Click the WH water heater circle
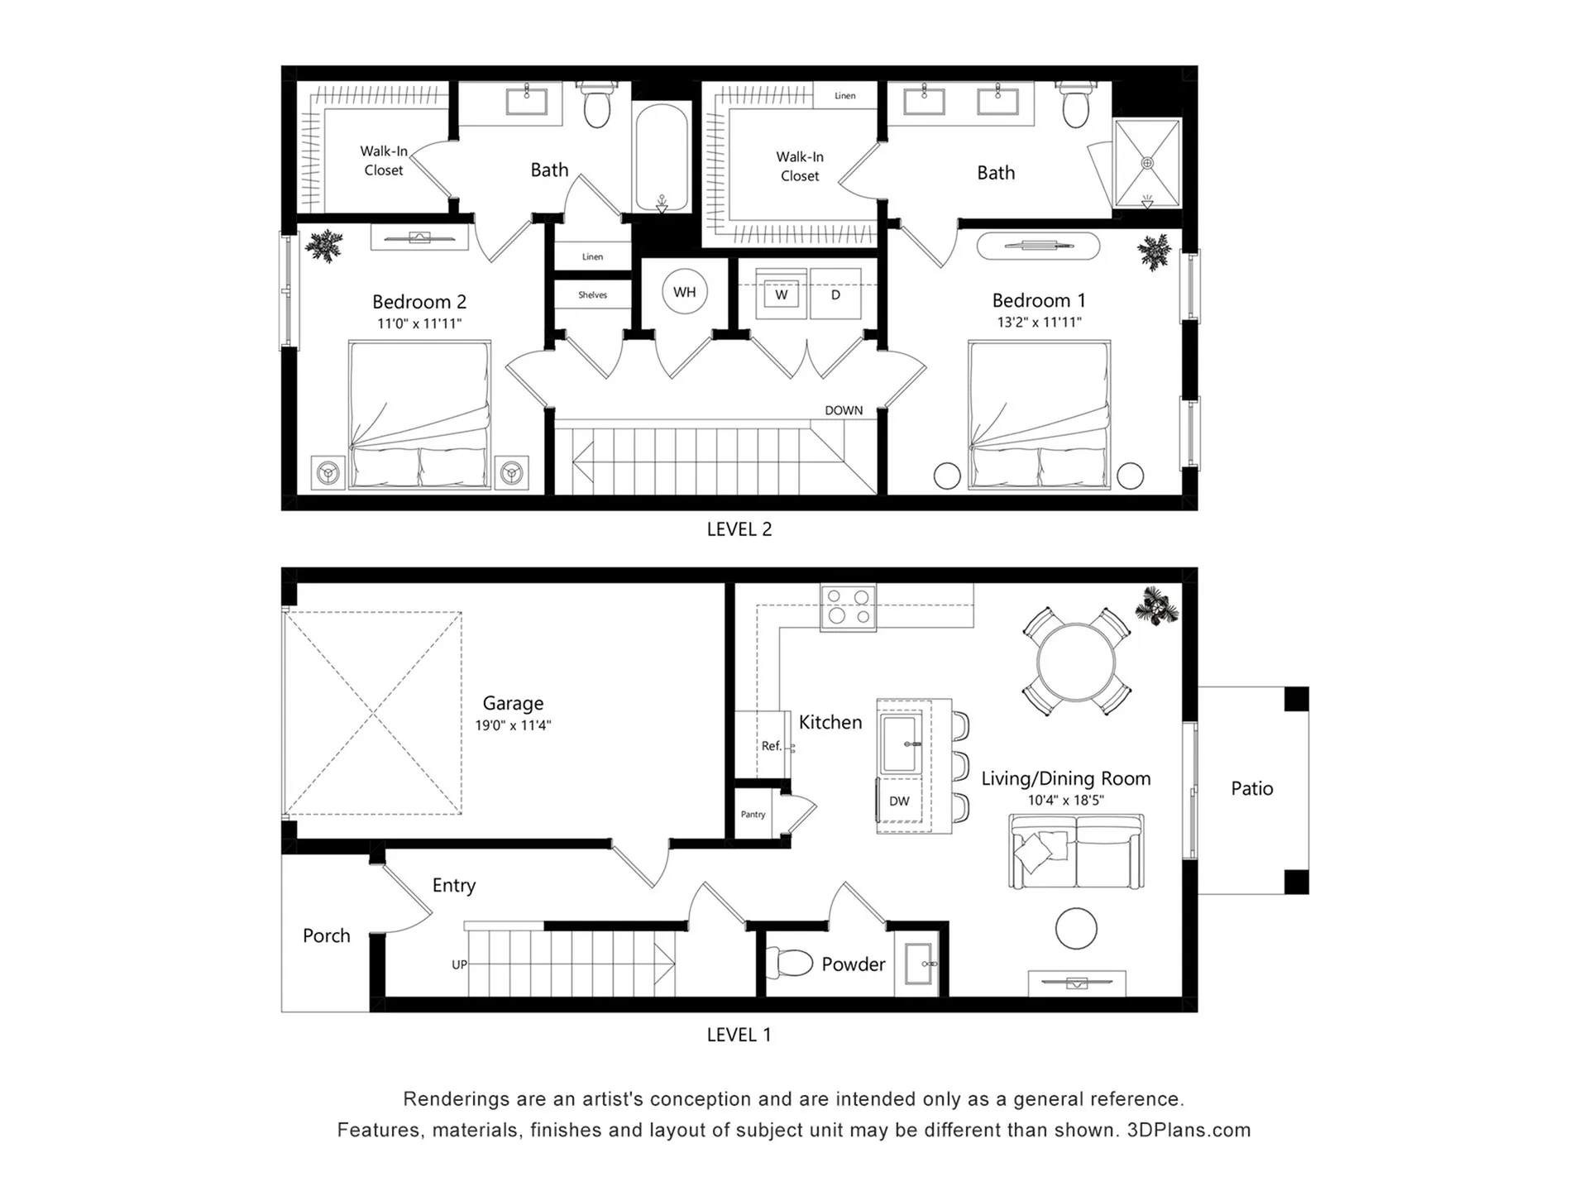coord(685,292)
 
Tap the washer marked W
coord(781,294)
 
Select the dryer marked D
coord(835,294)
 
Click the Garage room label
coord(513,703)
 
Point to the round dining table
coord(1076,662)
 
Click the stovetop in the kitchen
coord(849,607)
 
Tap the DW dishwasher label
coord(899,801)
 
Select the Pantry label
coord(753,815)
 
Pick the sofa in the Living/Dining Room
coord(1076,851)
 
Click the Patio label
coord(1252,788)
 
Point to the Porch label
coord(327,935)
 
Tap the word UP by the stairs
coord(459,964)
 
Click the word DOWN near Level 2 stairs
coord(844,410)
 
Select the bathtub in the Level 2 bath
coord(662,156)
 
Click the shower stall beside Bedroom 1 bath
coord(1147,163)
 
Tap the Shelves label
coord(592,295)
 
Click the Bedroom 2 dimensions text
coord(419,323)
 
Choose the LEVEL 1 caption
coord(739,1035)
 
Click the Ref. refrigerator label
coord(771,746)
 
